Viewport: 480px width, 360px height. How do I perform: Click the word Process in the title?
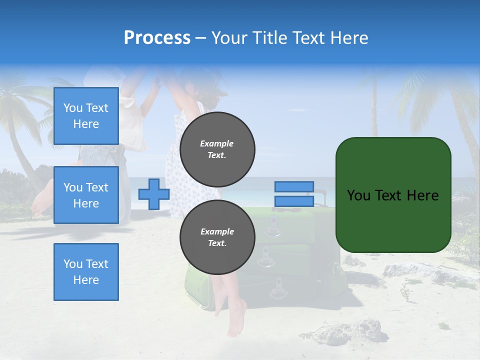[x=157, y=38]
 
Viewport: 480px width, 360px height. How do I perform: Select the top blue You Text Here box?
[x=86, y=116]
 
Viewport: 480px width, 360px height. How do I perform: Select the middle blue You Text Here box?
[x=86, y=195]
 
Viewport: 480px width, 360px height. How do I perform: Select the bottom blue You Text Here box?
[x=86, y=272]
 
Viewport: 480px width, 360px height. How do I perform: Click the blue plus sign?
[x=153, y=194]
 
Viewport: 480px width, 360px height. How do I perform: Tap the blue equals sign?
[x=294, y=194]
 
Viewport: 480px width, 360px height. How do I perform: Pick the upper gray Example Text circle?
[x=217, y=149]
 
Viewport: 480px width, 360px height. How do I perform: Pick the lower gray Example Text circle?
[x=217, y=237]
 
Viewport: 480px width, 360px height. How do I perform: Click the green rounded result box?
[x=393, y=195]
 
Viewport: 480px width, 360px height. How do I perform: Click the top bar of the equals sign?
[x=294, y=187]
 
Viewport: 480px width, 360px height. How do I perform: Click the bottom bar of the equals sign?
[x=294, y=201]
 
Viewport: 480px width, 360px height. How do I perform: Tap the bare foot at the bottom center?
[x=235, y=320]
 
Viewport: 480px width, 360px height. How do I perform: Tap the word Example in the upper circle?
[x=217, y=143]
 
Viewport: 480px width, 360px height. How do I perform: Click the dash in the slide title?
[x=200, y=38]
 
